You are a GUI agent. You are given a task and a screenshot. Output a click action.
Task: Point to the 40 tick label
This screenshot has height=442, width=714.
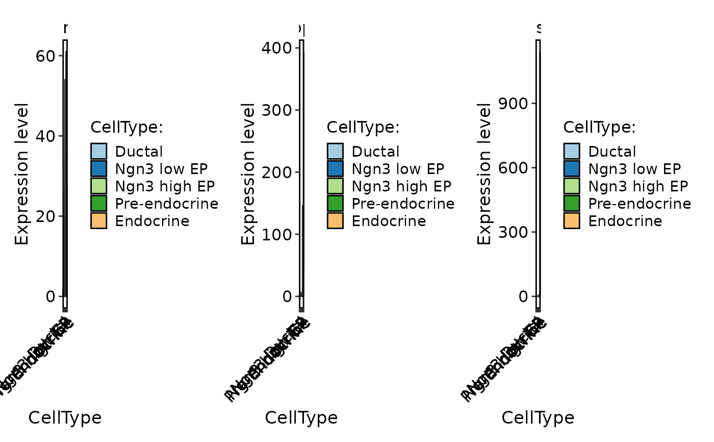pyautogui.click(x=45, y=136)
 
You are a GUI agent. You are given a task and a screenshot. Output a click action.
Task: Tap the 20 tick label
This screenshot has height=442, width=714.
pyautogui.click(x=45, y=216)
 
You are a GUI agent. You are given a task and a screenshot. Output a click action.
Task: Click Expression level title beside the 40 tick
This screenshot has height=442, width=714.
pyautogui.click(x=22, y=174)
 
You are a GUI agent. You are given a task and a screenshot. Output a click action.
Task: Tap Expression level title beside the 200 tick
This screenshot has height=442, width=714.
pyautogui.click(x=248, y=174)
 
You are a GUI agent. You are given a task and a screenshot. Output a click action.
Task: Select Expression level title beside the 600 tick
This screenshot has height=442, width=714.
pyautogui.click(x=484, y=174)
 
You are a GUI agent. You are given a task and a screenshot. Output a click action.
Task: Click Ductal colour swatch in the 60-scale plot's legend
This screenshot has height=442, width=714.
pyautogui.click(x=99, y=152)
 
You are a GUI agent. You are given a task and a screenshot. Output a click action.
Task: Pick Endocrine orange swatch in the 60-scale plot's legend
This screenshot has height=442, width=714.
pyautogui.click(x=99, y=221)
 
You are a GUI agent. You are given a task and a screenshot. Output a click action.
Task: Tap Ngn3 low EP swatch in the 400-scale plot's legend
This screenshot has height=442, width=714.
pyautogui.click(x=336, y=169)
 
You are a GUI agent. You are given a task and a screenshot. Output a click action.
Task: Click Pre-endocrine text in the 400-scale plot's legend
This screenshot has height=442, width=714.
pyautogui.click(x=403, y=204)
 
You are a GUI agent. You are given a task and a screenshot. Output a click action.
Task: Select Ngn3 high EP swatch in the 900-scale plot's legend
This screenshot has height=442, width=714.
pyautogui.click(x=572, y=186)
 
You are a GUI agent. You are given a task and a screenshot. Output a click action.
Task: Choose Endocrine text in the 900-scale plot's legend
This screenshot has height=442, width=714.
pyautogui.click(x=625, y=221)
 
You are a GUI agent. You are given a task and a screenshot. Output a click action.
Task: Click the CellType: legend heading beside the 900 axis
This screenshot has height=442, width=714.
pyautogui.click(x=600, y=127)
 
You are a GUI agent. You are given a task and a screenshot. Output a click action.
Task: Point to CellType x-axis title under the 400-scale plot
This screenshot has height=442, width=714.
pyautogui.click(x=301, y=418)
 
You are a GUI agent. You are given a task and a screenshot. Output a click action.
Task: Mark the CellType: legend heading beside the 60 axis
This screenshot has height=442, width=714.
pyautogui.click(x=126, y=127)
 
